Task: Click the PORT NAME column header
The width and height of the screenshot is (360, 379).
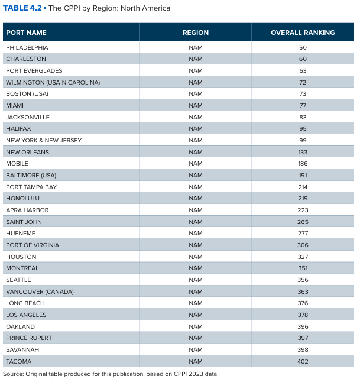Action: tap(27, 33)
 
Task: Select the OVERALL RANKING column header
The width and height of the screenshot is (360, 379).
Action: tap(303, 33)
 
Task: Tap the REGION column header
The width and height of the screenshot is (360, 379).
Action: tap(196, 33)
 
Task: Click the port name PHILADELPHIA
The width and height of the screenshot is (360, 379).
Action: tap(27, 47)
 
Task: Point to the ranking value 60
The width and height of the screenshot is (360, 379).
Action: tap(303, 59)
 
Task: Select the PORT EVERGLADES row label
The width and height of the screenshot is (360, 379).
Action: tap(34, 70)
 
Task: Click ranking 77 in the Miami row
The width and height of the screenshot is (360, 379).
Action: tap(303, 105)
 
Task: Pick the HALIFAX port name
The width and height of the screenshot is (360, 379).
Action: tap(18, 128)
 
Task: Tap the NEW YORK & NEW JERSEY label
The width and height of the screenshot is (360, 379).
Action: tap(44, 140)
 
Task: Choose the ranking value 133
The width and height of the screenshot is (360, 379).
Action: tap(303, 152)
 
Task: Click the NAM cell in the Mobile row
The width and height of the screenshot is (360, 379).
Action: tap(196, 164)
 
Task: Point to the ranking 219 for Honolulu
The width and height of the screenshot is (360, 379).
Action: tap(303, 199)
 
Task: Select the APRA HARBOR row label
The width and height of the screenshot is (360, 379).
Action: tap(27, 210)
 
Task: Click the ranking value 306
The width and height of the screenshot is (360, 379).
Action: tap(303, 245)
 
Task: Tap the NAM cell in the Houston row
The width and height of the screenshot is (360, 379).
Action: tap(196, 257)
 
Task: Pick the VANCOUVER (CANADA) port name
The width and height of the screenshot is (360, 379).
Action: tap(40, 291)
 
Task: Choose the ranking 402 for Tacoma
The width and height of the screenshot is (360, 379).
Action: tap(303, 361)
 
